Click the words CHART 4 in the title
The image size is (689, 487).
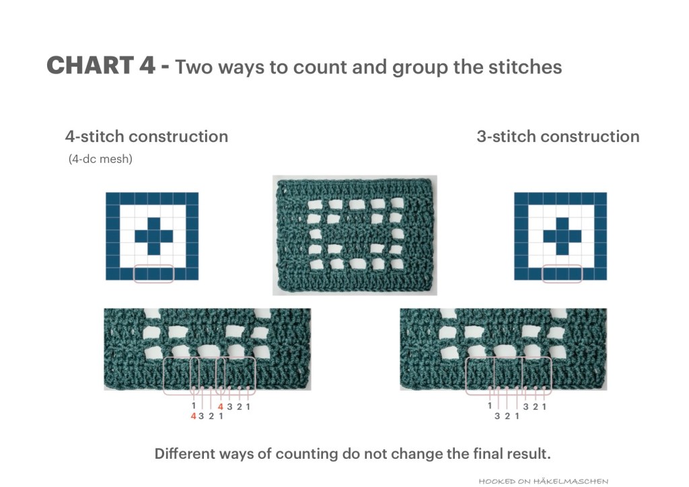[x=101, y=65]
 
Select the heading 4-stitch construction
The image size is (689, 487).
[x=146, y=137]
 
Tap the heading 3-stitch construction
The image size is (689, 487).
[x=558, y=137]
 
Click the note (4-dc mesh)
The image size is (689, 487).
[x=100, y=159]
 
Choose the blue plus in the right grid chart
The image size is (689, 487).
[x=563, y=236]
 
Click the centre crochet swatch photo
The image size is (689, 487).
[x=355, y=235]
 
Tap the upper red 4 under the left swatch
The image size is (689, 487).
[x=221, y=407]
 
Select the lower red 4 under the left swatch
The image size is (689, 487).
[x=193, y=416]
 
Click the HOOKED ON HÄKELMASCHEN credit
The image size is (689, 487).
[x=544, y=482]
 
